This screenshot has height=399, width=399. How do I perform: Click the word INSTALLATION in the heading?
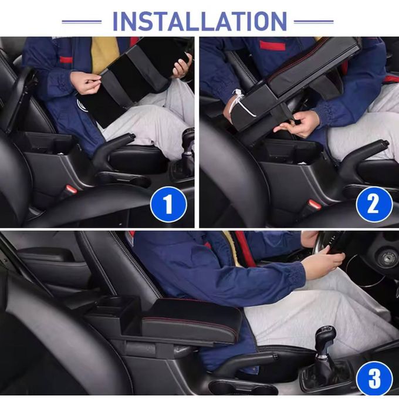[x=199, y=21]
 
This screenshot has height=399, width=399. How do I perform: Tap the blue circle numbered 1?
[x=168, y=204]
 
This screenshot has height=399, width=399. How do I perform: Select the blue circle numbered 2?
[x=374, y=204]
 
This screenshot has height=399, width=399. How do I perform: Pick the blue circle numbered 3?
[x=374, y=379]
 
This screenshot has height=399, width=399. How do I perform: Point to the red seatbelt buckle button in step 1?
[x=71, y=190]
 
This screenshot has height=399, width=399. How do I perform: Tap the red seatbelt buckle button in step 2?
[x=315, y=204]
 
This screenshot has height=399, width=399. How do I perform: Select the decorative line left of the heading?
[x=82, y=22]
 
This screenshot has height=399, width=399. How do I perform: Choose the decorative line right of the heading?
[x=313, y=22]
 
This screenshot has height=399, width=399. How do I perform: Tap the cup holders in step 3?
[x=243, y=388]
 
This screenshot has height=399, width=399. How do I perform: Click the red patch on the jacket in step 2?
[x=272, y=45]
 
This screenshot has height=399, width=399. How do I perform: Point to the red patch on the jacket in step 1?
[x=66, y=60]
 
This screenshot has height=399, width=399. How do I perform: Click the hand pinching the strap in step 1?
[x=85, y=83]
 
